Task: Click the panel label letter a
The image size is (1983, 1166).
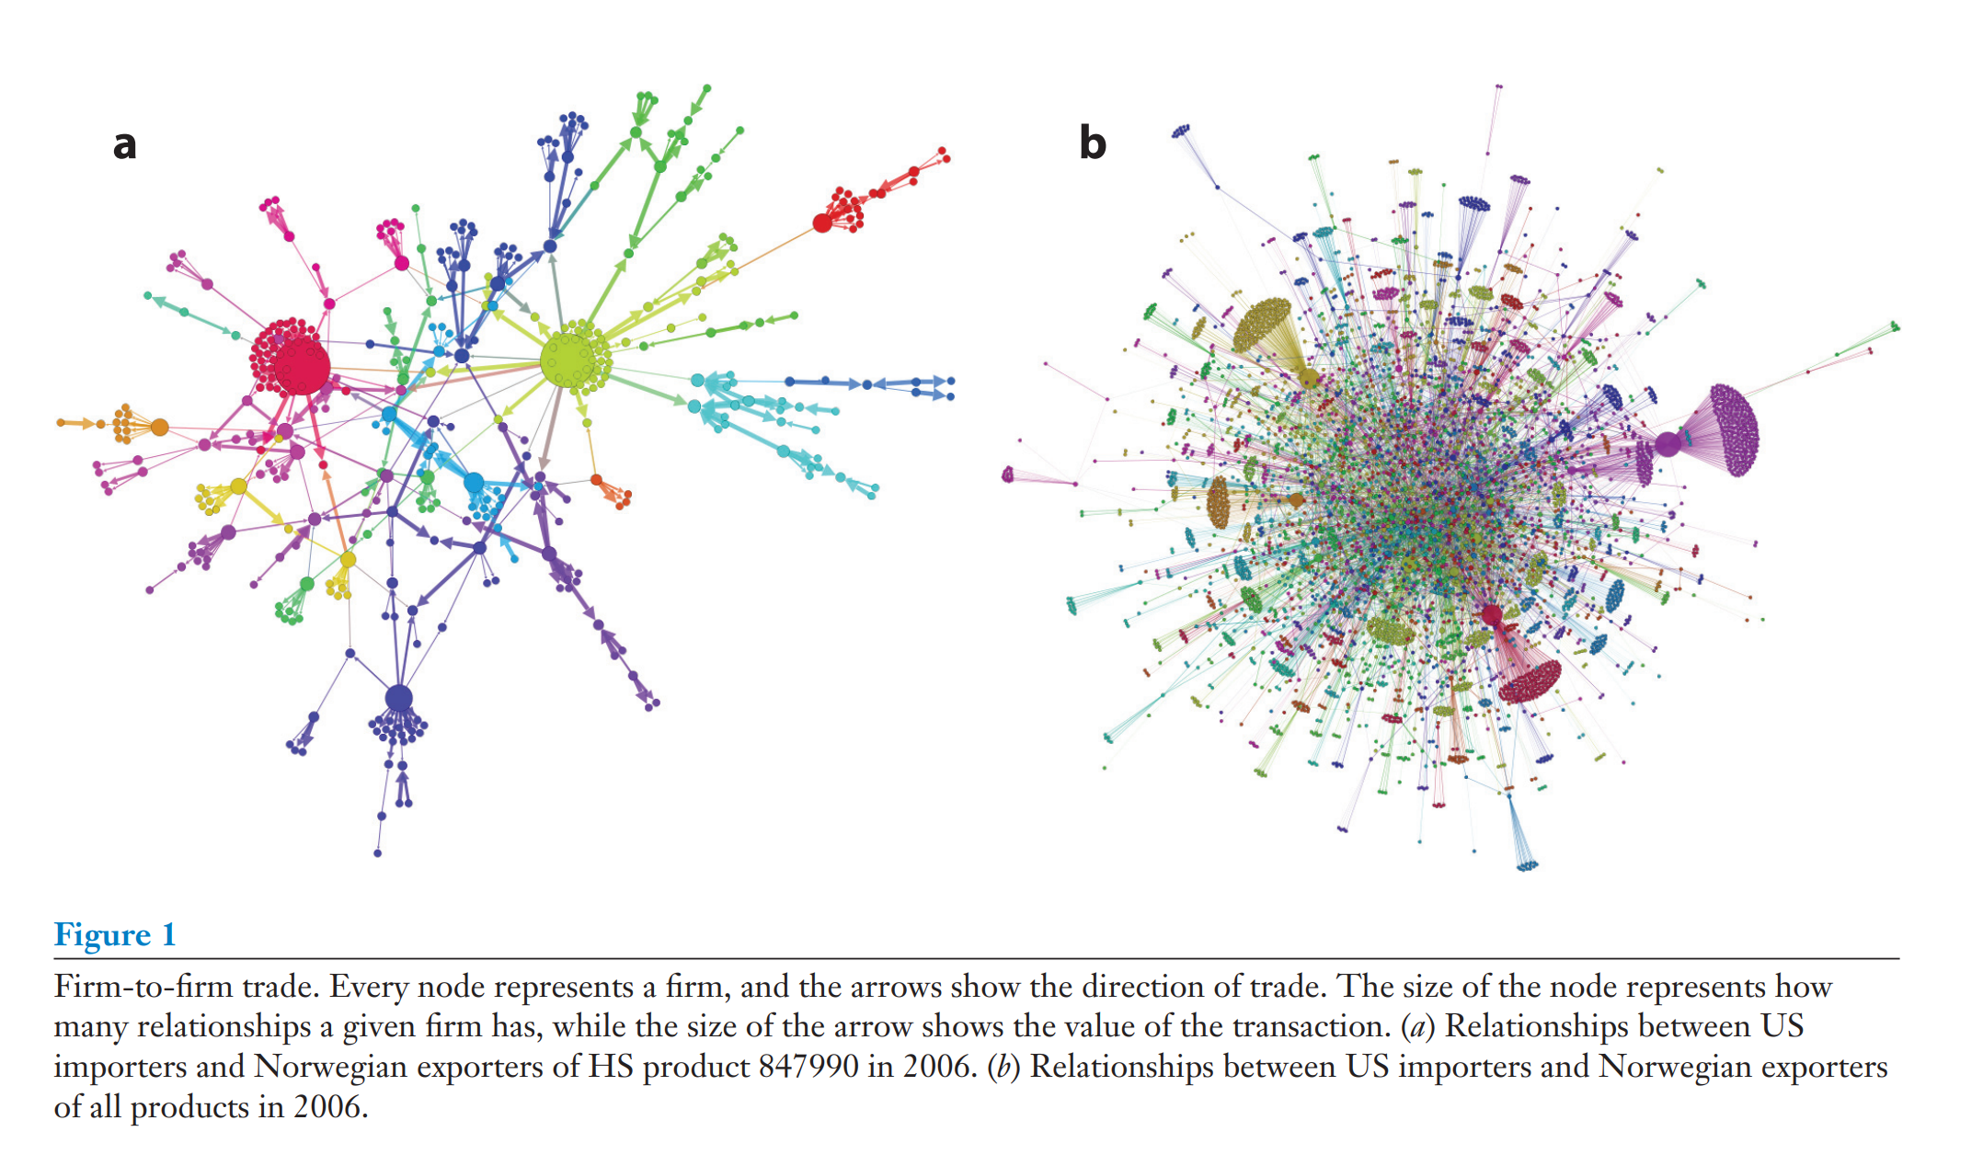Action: [x=125, y=144]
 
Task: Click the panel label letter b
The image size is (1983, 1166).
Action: [x=1092, y=143]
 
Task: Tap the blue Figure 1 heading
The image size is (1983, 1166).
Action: [x=115, y=934]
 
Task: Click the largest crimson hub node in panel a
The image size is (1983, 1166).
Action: [x=301, y=365]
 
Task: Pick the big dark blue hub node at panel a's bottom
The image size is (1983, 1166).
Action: [x=398, y=698]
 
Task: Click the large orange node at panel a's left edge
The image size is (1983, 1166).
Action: [x=159, y=427]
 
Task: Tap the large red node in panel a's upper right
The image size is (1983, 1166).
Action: [x=822, y=223]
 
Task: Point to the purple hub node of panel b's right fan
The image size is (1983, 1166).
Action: [x=1667, y=445]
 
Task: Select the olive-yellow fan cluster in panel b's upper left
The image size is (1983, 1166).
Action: [x=1263, y=323]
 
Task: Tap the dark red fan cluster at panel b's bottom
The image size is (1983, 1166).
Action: [x=1530, y=681]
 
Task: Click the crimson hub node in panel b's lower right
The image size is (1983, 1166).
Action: [x=1491, y=613]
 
